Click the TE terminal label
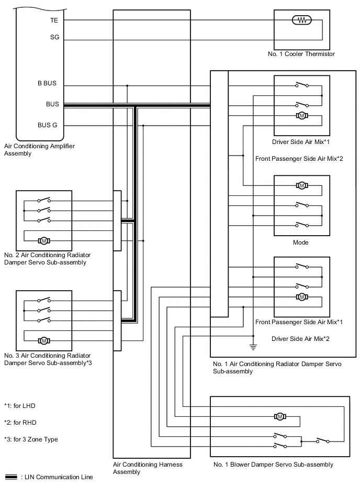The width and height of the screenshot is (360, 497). pos(54,20)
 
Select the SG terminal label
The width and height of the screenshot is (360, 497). pos(54,38)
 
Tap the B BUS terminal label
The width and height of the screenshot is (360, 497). pos(47,84)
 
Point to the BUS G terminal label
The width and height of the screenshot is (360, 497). pos(48,125)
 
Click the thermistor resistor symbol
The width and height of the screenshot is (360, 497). pos(301,20)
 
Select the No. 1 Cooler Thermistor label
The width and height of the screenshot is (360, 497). pos(300,54)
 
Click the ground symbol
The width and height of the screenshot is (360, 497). pos(253,346)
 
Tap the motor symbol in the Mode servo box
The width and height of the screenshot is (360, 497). pos(301,185)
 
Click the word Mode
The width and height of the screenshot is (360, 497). pos(301,242)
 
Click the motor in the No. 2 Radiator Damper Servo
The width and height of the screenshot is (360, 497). pos(44,240)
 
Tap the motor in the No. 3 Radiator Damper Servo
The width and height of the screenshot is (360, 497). pos(44,340)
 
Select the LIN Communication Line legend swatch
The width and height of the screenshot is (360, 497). pos(11,477)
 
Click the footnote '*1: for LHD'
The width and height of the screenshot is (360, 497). pos(19,406)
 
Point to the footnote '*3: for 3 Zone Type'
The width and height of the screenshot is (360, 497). pos(31,439)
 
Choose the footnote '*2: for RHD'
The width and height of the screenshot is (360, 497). pos(20,423)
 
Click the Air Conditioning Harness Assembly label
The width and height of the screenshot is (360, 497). pos(148,468)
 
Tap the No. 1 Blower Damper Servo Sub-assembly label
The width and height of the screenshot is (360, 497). pos(273,465)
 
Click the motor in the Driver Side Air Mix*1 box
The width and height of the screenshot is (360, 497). pos(301,115)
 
